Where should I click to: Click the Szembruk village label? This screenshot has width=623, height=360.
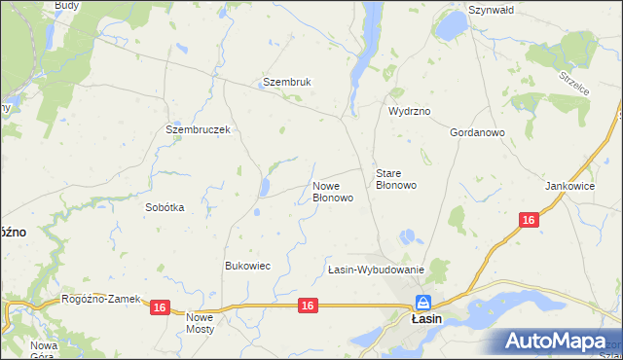[x=286, y=83]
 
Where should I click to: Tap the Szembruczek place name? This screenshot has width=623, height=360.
[x=197, y=129]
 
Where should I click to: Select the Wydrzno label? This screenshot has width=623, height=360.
[x=410, y=112]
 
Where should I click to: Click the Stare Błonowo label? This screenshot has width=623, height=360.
[x=396, y=178]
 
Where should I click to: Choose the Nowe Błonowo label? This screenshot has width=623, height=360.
[x=332, y=191]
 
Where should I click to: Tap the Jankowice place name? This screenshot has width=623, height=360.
[x=570, y=184]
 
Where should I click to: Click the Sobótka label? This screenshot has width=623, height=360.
[x=165, y=207]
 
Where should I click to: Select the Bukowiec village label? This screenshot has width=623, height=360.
[x=247, y=266]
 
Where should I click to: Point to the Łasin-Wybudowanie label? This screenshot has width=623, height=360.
[x=375, y=270]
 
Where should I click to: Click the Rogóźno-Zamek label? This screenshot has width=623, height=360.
[x=101, y=299]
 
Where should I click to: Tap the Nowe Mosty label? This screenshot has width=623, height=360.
[x=200, y=323]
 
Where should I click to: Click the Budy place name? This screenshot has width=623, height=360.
[x=67, y=6]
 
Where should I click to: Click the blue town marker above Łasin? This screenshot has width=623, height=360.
[x=423, y=303]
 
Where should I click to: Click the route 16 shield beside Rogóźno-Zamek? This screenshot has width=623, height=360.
[x=161, y=307]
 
